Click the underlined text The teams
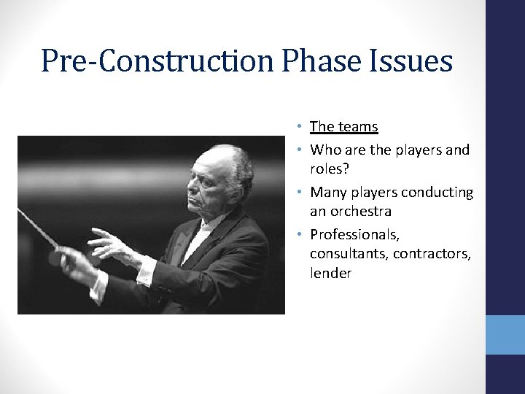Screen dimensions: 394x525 [x=343, y=127]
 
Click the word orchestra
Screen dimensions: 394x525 [x=360, y=212]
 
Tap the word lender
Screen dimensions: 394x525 [x=331, y=274]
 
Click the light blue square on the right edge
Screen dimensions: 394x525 [x=505, y=335]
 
